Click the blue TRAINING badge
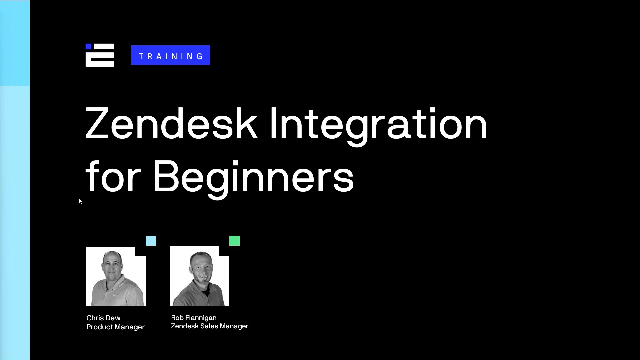click(171, 55)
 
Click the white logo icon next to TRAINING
click(100, 55)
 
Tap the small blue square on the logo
click(88, 46)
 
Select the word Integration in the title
click(378, 124)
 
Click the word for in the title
click(113, 177)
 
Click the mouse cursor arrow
click(80, 200)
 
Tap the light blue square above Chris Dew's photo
click(151, 241)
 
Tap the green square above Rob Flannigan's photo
click(234, 241)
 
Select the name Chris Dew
click(103, 318)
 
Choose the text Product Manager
click(115, 327)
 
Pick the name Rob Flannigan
click(194, 318)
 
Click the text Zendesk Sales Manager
click(210, 326)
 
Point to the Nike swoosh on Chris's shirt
click(115, 295)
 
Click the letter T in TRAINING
click(141, 56)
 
